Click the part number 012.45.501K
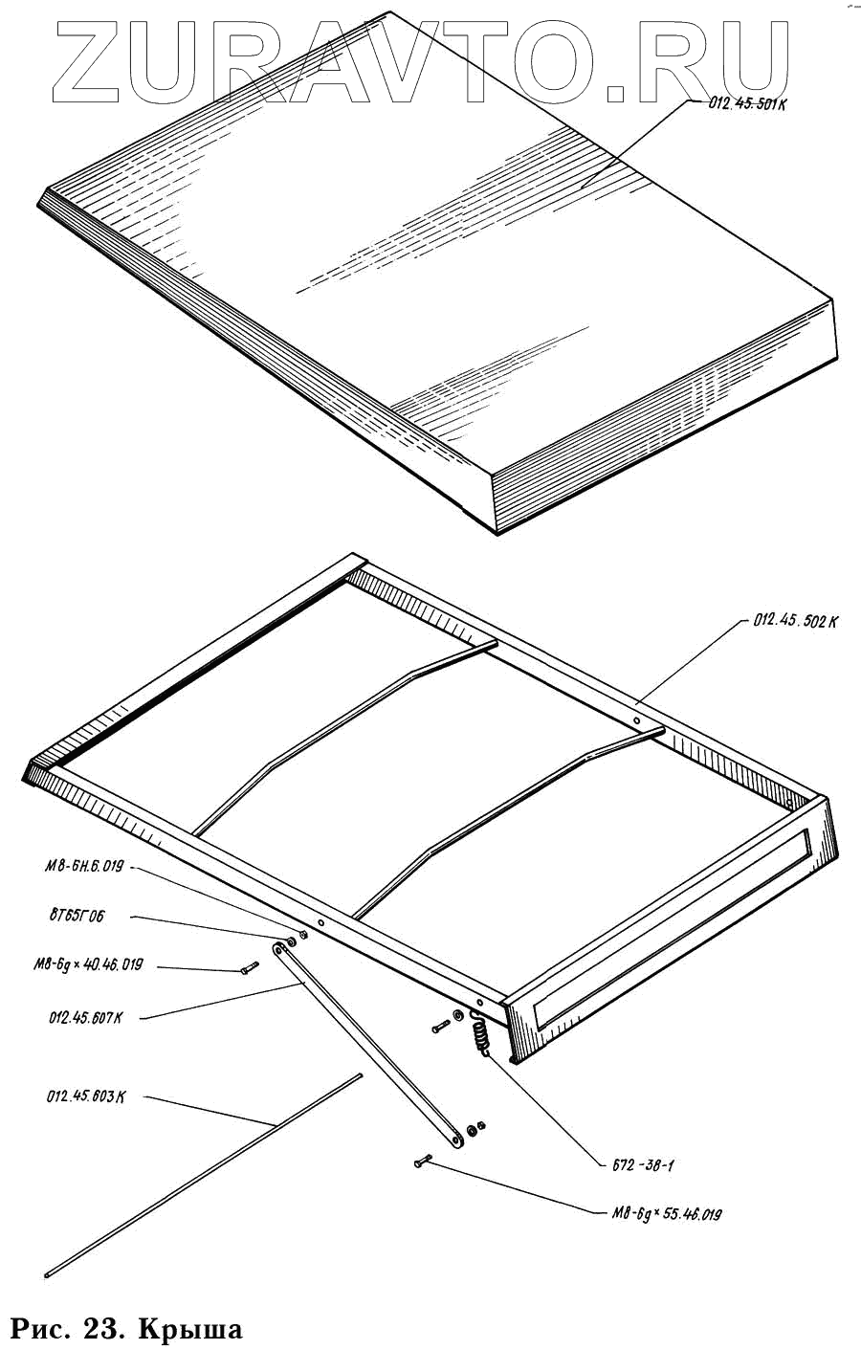coord(746,104)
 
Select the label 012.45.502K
coord(795,621)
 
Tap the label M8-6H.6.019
coord(84,866)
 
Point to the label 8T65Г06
coord(77,916)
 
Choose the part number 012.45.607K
coord(85,1017)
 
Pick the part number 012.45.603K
coord(85,1095)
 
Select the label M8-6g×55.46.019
coord(666,1214)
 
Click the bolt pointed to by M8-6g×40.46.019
coord(249,970)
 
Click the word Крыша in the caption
coord(189,1328)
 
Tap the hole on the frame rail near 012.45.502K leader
coord(636,717)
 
